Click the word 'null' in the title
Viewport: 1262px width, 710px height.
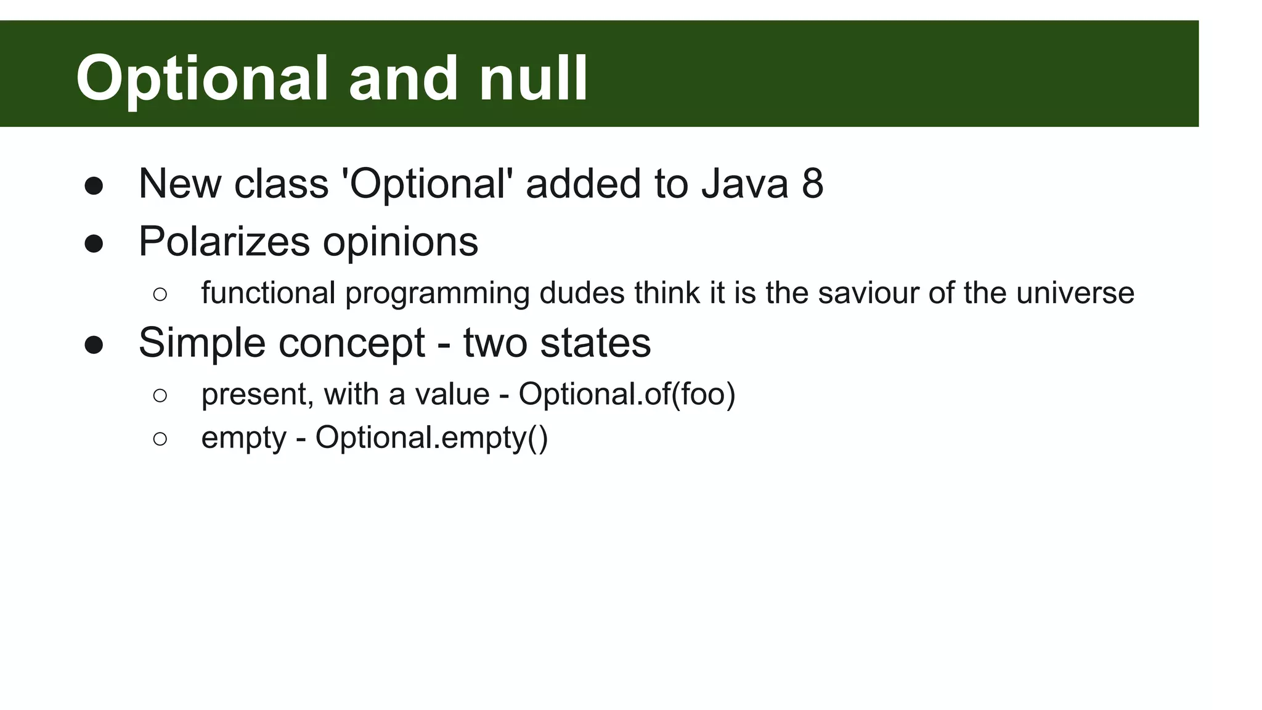pos(533,78)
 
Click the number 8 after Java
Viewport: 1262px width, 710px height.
pos(812,184)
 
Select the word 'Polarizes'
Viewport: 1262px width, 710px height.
pos(224,241)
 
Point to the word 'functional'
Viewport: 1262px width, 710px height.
pos(268,293)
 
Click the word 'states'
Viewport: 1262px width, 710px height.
pos(595,343)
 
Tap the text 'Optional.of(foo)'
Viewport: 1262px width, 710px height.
pos(627,394)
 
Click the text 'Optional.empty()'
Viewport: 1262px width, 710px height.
pos(431,438)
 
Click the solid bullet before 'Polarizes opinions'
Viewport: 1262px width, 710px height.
pos(94,243)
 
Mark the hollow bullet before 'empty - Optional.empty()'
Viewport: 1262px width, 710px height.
pos(160,439)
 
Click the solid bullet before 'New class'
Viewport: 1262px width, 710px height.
pos(94,186)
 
